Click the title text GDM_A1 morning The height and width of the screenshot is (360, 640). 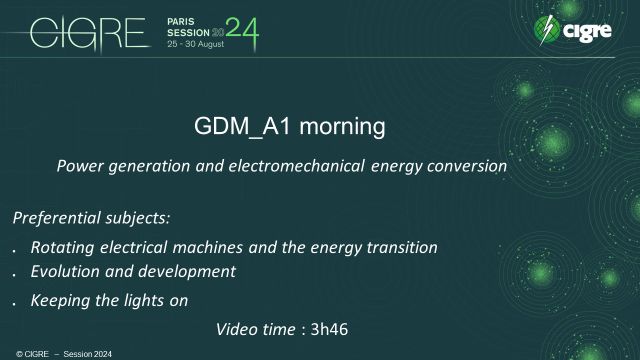click(288, 128)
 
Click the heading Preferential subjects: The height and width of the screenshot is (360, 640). click(78, 218)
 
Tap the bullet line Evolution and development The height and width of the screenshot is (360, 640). click(133, 272)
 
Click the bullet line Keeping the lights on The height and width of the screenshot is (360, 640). click(109, 299)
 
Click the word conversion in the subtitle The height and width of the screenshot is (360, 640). click(470, 166)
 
